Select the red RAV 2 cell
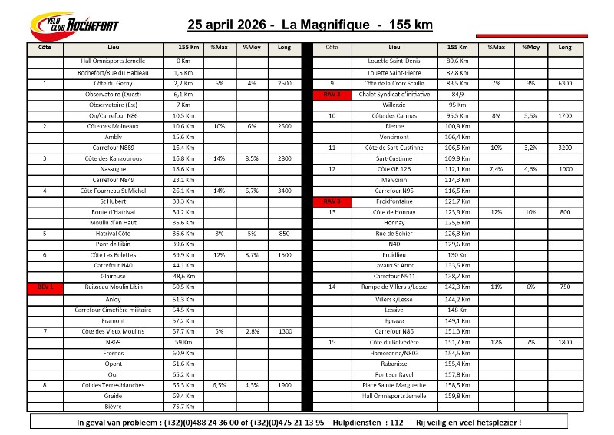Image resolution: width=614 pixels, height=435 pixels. click(x=332, y=94)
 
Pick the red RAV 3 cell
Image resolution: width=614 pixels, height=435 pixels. click(x=332, y=201)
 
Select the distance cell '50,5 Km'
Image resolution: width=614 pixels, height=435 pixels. click(x=183, y=287)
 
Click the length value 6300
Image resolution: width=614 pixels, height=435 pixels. click(x=565, y=83)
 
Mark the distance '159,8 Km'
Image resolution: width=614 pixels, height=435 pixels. click(x=457, y=395)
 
